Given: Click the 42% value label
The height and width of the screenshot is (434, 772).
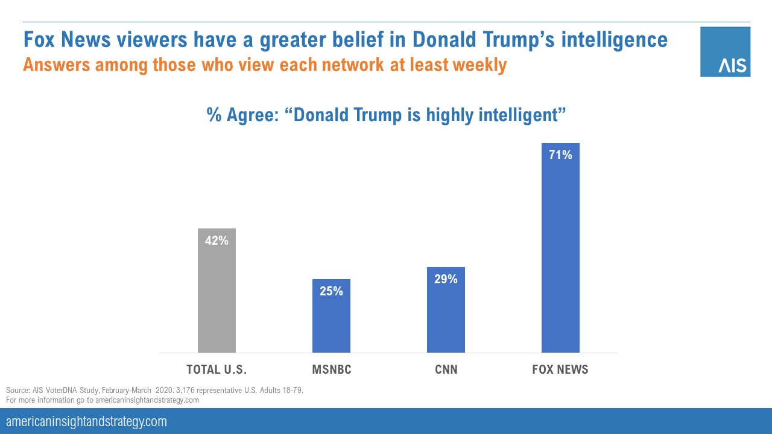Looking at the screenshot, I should (x=217, y=241).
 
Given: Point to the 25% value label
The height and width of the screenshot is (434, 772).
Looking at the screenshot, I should (x=331, y=291).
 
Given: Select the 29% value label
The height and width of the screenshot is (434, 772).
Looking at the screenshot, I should (x=446, y=279).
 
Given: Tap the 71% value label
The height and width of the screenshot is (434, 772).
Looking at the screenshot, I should (x=560, y=155).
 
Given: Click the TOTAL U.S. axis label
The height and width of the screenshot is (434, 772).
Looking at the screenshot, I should (x=217, y=370).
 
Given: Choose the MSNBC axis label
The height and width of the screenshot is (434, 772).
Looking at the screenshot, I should (x=331, y=370).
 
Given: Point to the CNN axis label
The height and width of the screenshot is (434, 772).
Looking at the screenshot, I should (x=446, y=370).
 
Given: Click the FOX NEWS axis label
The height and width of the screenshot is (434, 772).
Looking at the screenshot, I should (x=560, y=370).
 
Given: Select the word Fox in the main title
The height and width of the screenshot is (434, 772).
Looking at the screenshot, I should (x=41, y=40).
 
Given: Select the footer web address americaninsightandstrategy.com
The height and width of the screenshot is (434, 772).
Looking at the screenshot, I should (x=86, y=421).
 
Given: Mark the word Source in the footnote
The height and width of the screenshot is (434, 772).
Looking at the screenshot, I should (x=16, y=391).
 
